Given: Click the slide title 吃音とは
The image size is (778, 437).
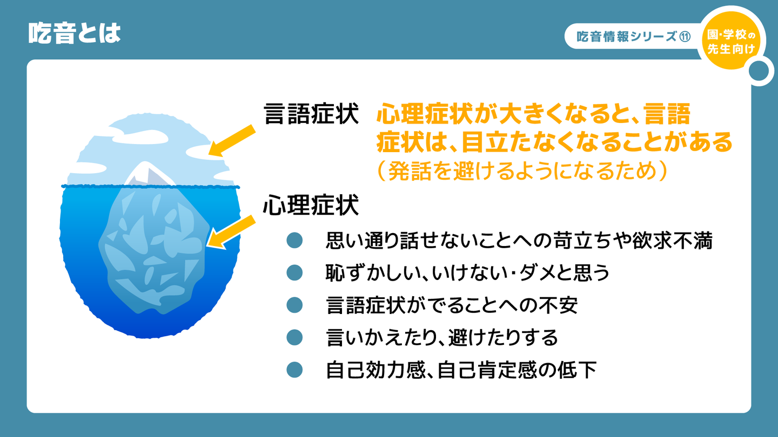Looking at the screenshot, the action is [x=75, y=33].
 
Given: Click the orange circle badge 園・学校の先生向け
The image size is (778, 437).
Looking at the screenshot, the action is [x=731, y=41].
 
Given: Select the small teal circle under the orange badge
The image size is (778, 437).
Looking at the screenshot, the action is [x=759, y=71].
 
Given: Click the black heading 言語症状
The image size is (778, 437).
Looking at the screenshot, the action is [x=311, y=113].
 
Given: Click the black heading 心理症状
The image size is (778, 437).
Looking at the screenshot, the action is [x=311, y=205].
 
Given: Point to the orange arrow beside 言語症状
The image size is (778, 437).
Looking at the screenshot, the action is [x=232, y=140].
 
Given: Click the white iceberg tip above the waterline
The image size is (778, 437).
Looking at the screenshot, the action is [x=149, y=173].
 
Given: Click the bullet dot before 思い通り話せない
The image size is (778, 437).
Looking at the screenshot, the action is [x=294, y=241].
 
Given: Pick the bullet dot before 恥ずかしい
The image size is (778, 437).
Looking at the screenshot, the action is [x=294, y=272].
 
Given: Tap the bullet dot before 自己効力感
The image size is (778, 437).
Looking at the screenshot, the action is [x=294, y=370].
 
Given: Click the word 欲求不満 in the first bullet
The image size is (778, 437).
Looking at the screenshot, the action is [x=673, y=240].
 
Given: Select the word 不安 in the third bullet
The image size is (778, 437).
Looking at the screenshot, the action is [x=558, y=305].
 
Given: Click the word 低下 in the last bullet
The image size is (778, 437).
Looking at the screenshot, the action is [x=577, y=370].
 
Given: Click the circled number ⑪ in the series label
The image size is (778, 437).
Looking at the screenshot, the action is [x=685, y=37].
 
